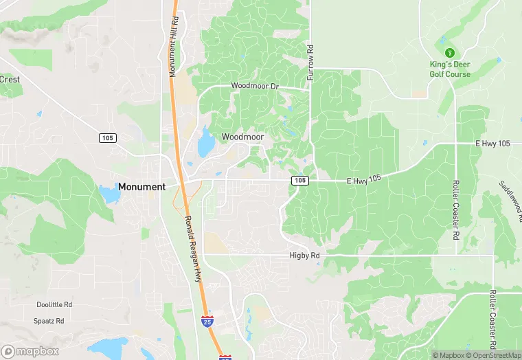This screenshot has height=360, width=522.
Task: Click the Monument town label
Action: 141,187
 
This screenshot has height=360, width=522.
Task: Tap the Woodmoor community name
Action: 242,137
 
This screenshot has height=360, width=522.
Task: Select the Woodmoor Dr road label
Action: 255,86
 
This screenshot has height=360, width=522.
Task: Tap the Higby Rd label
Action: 304,255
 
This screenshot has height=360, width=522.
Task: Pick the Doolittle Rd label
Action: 54,304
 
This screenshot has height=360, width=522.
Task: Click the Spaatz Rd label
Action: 49,321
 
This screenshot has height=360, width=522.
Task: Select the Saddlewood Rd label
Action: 511,196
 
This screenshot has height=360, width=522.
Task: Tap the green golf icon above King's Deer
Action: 450,52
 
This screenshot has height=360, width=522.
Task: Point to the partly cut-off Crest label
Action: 10,79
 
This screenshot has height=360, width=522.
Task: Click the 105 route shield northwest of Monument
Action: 106,138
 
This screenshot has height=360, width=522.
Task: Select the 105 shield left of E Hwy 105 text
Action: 299,180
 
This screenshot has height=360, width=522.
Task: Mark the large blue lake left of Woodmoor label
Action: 205,146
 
